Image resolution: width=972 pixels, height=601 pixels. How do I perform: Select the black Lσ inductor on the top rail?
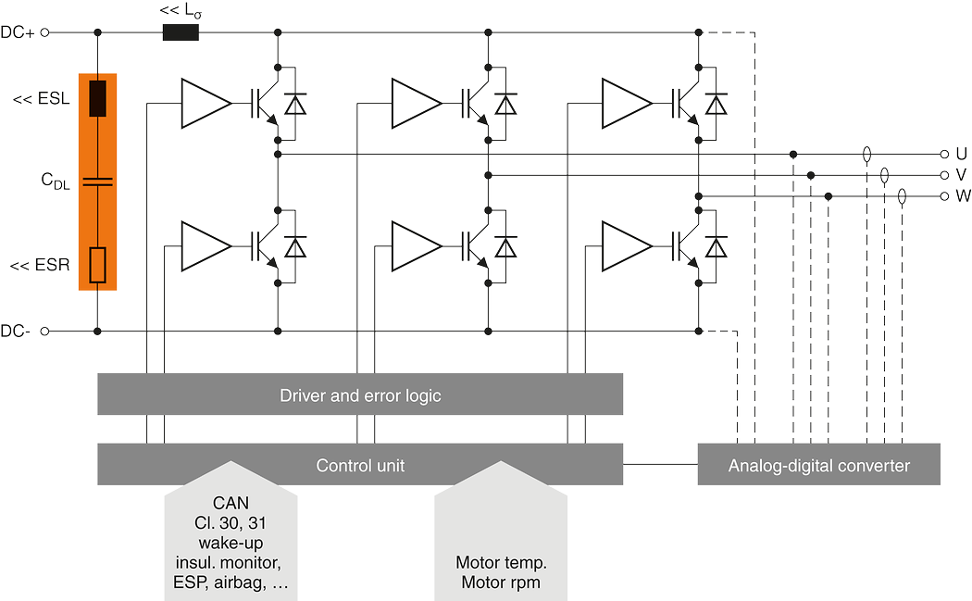click(181, 32)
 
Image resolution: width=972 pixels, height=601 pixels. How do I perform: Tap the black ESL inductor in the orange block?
click(98, 99)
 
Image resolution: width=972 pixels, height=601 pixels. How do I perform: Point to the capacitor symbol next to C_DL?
click(98, 182)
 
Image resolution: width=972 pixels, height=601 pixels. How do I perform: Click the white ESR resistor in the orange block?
click(98, 265)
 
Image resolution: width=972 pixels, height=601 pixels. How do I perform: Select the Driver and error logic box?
click(360, 395)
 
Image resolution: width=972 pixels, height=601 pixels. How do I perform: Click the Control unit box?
click(360, 465)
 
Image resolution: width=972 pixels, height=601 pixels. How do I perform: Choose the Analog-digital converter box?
click(818, 465)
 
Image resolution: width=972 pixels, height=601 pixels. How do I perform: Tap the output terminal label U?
click(960, 154)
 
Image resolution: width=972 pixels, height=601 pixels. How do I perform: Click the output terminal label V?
click(960, 175)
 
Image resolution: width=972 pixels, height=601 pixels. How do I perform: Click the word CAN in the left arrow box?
click(231, 503)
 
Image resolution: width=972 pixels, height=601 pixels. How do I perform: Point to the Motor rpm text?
click(501, 582)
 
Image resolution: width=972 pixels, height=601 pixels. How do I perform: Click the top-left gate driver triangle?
click(205, 103)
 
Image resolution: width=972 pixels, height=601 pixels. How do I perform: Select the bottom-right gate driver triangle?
click(624, 246)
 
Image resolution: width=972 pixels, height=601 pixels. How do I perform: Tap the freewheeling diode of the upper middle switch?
click(505, 104)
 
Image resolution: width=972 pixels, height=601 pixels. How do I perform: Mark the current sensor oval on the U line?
click(866, 154)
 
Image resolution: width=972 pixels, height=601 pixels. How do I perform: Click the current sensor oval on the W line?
click(903, 196)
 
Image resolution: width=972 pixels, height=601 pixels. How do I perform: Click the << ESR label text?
click(40, 267)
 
